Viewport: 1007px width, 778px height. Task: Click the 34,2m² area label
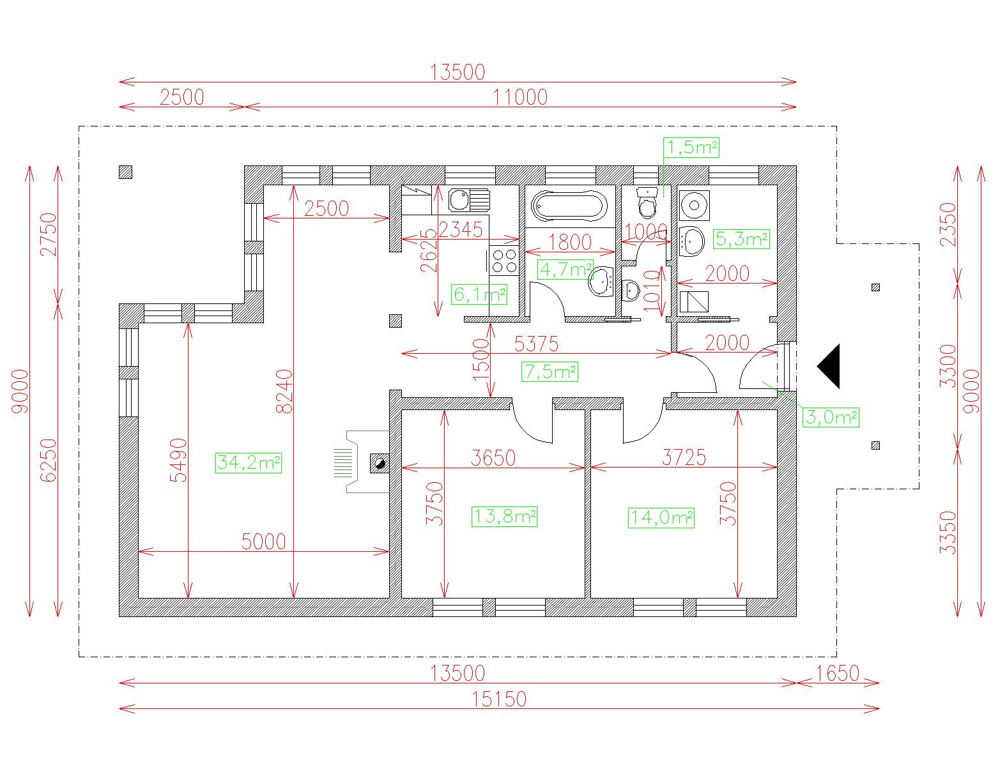pyautogui.click(x=249, y=462)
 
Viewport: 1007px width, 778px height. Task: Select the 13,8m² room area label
pyautogui.click(x=504, y=516)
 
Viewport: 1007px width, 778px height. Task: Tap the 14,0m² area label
pyautogui.click(x=661, y=517)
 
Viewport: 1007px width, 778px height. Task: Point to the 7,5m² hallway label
pyautogui.click(x=550, y=371)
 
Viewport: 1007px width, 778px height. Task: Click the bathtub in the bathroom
pyautogui.click(x=569, y=206)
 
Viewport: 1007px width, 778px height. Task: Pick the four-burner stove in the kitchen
pyautogui.click(x=504, y=260)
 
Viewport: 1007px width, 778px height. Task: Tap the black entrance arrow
pyautogui.click(x=829, y=366)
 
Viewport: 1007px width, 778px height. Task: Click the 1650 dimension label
pyautogui.click(x=838, y=673)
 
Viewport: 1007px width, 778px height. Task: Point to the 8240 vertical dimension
pyautogui.click(x=284, y=391)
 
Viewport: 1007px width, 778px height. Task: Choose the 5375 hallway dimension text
pyautogui.click(x=536, y=344)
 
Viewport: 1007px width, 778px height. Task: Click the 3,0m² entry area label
pyautogui.click(x=831, y=416)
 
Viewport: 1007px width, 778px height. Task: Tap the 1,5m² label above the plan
pyautogui.click(x=691, y=148)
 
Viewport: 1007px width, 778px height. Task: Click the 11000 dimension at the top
pyautogui.click(x=520, y=97)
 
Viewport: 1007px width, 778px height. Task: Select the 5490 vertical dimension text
pyautogui.click(x=178, y=461)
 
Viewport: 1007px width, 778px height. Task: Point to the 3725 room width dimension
pyautogui.click(x=684, y=457)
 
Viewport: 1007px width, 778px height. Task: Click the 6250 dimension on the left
pyautogui.click(x=49, y=461)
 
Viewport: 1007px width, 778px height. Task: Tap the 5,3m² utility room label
pyautogui.click(x=741, y=239)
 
